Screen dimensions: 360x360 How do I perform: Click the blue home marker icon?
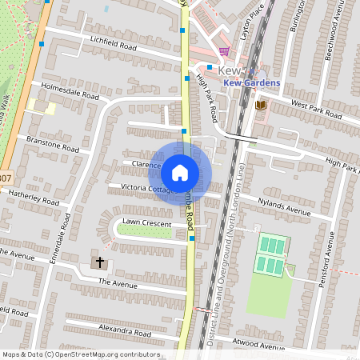(180, 172)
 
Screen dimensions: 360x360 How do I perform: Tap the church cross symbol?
(101, 262)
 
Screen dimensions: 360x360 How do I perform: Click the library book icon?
(260, 105)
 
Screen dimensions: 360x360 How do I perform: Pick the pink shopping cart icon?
(224, 52)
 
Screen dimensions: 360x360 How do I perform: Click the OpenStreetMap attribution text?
(81, 354)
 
